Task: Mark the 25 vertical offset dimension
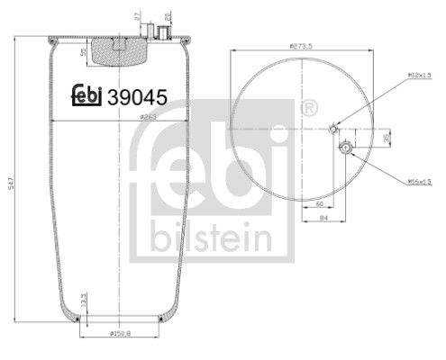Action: pos(388,137)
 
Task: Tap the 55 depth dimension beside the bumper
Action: pos(84,53)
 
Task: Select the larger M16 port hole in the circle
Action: pos(343,147)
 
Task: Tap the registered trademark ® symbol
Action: pos(312,107)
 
